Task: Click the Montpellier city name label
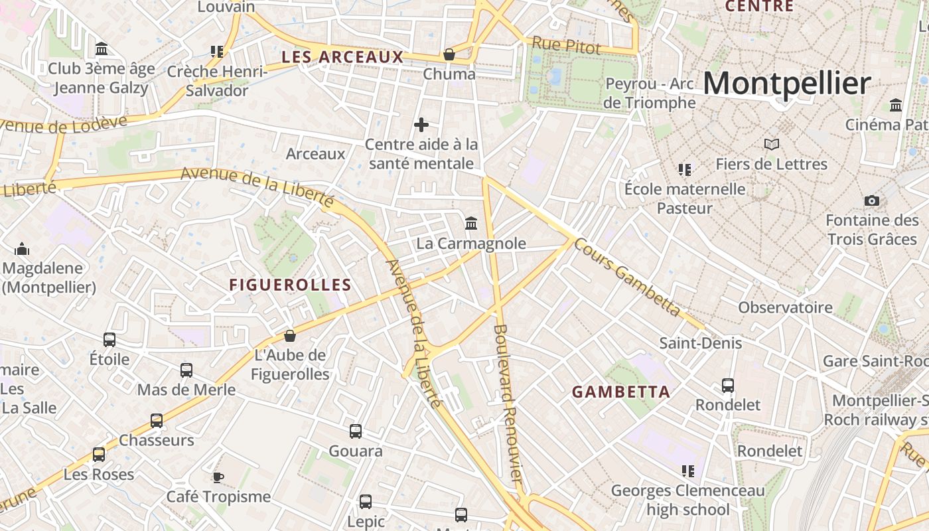point(786,84)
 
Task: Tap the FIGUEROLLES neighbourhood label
point(290,285)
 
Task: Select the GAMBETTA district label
point(621,392)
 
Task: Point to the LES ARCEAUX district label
point(342,57)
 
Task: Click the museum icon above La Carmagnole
point(471,223)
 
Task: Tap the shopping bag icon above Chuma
point(449,54)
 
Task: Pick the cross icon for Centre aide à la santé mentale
point(421,125)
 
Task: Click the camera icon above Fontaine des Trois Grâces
point(872,200)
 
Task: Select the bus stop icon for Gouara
point(356,431)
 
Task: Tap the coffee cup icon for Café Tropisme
point(218,477)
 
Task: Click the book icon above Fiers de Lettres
point(771,144)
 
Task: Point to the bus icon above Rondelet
point(728,385)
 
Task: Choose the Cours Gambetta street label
point(627,277)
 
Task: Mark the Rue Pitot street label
point(566,46)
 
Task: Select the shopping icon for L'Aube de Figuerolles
point(289,336)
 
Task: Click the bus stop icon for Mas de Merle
point(186,370)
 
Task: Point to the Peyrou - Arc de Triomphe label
point(650,94)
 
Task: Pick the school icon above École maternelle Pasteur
point(685,170)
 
